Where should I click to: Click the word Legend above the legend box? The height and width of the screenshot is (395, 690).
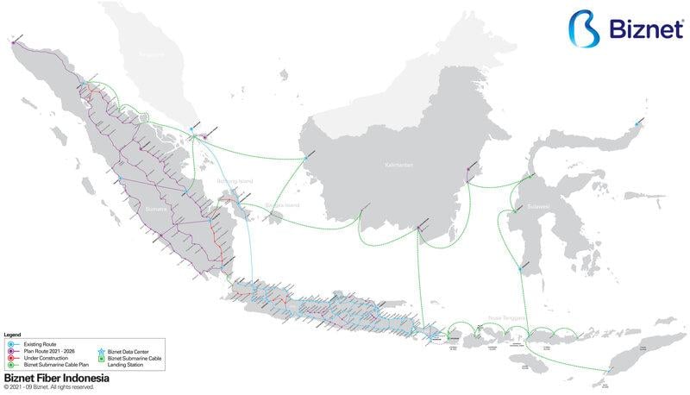pos(12,335)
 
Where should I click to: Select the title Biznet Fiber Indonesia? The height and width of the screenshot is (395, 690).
pos(56,378)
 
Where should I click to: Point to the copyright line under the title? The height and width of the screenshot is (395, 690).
pos(49,387)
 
